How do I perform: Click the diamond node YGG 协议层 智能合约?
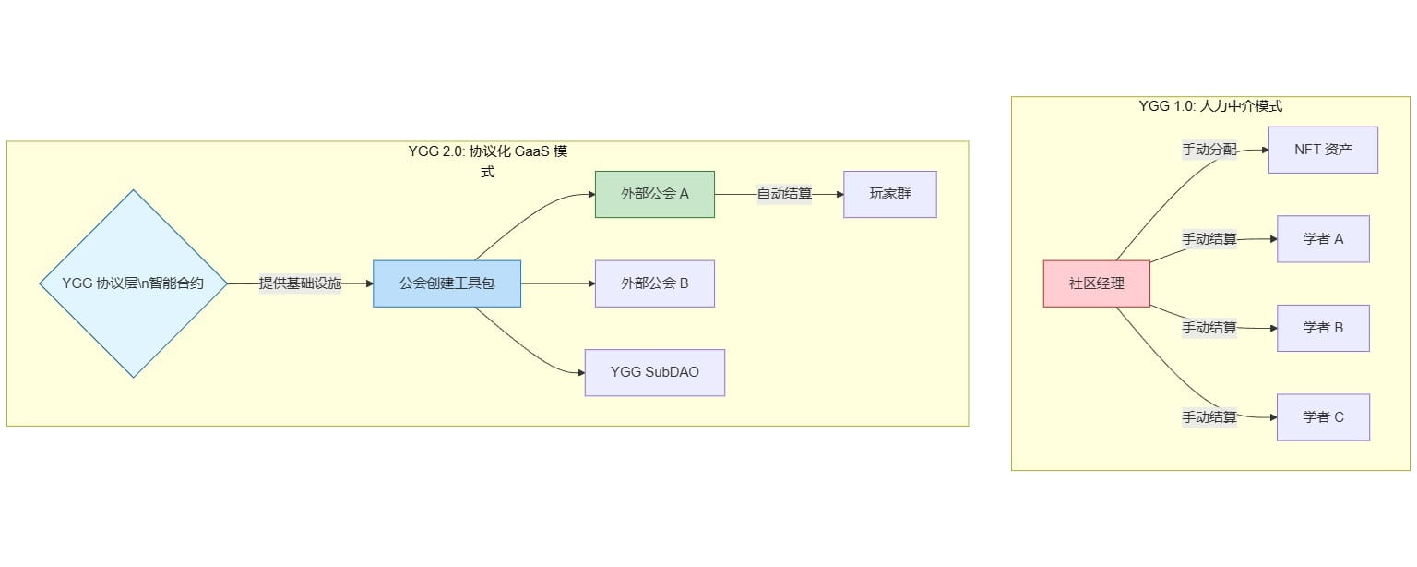134,283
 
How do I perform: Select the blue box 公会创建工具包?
447,283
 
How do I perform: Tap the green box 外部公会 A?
654,194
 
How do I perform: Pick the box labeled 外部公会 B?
654,283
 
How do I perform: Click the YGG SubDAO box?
654,372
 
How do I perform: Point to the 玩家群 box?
889,194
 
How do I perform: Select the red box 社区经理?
1096,283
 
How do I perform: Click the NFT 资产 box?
1322,150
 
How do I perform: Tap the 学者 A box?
1322,239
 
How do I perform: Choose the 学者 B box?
1322,328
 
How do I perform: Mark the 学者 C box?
1322,417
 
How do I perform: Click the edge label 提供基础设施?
300,283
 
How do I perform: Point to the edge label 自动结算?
784,194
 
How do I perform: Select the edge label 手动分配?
1209,150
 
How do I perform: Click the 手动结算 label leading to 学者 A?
1209,239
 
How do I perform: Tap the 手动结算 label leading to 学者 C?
1209,417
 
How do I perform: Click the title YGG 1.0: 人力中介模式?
1210,106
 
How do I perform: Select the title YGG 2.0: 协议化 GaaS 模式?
487,151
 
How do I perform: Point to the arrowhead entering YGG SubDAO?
581,372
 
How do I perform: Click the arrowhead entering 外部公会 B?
590,283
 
